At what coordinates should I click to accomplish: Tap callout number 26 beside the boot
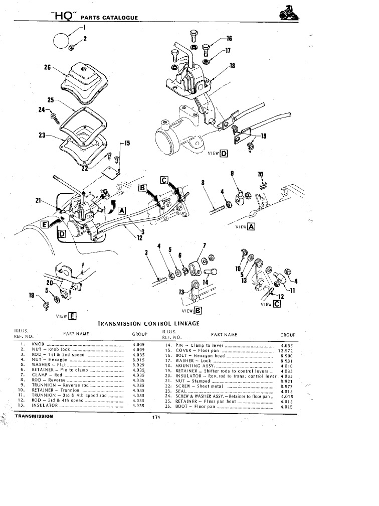(x=47, y=67)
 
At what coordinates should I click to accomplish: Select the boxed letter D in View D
(x=224, y=153)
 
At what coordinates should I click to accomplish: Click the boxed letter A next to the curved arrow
(x=122, y=211)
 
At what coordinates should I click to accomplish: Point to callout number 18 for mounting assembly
(x=232, y=66)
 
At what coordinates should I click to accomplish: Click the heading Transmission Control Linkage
(x=148, y=323)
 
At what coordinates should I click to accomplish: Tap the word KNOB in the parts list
(x=38, y=344)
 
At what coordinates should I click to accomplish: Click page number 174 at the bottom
(x=156, y=417)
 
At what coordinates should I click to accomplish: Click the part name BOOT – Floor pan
(x=195, y=407)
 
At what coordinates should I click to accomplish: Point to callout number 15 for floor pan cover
(x=127, y=143)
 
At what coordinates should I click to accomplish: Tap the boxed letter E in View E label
(x=73, y=316)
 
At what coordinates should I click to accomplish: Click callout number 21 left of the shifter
(x=38, y=200)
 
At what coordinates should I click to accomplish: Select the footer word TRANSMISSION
(x=34, y=416)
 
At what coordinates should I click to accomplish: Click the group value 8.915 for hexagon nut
(x=138, y=359)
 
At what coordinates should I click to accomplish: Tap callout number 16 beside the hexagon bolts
(x=229, y=38)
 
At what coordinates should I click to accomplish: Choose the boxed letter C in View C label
(x=277, y=304)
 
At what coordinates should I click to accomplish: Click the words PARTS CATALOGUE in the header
(x=109, y=18)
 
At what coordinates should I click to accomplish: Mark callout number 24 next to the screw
(x=42, y=110)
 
